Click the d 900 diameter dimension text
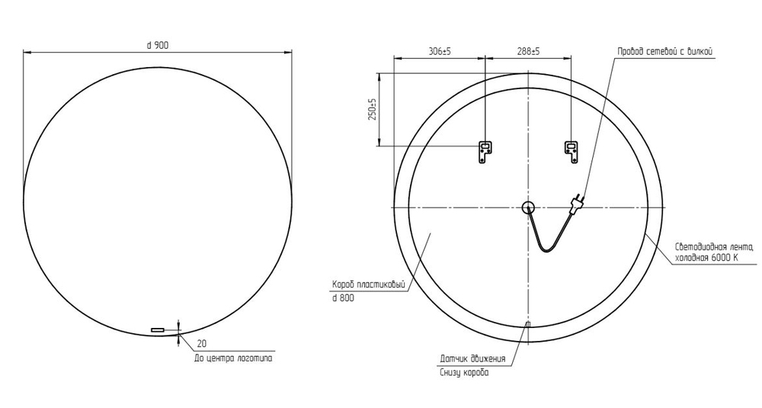point(158,45)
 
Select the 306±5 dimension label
point(440,51)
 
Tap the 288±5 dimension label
point(528,51)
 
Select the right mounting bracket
point(571,152)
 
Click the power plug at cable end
point(578,201)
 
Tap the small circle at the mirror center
point(528,207)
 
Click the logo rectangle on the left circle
point(158,329)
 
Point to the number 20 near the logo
point(202,343)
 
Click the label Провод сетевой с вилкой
point(664,51)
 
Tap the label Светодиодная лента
point(713,247)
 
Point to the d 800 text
point(343,298)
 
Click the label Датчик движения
point(472,358)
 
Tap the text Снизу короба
point(464,372)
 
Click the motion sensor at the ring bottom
point(528,326)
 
